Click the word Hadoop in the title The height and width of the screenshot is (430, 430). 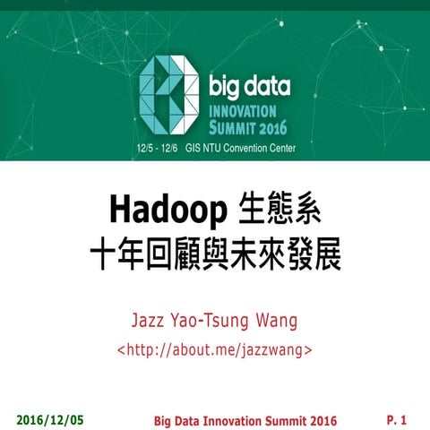pos(166,211)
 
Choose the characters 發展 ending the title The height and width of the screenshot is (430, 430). pos(314,254)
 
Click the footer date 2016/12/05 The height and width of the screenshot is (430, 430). pos(50,419)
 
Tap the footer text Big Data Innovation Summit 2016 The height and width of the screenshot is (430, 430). pos(245,420)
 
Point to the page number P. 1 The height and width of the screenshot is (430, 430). pos(397,419)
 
